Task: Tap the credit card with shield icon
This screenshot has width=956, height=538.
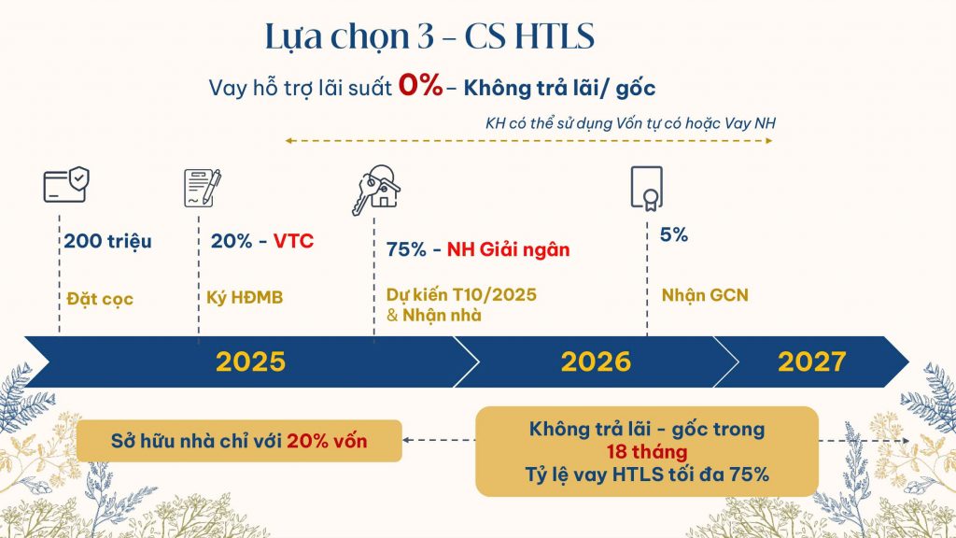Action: click(65, 184)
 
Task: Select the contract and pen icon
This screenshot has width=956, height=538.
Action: click(203, 187)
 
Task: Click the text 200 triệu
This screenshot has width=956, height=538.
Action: click(107, 242)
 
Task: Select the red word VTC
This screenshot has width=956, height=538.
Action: click(294, 242)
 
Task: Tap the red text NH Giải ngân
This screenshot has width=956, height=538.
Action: click(508, 250)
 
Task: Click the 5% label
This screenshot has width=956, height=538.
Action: click(674, 235)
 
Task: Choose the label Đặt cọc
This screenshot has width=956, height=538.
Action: click(100, 299)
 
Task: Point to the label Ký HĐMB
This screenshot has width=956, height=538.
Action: click(245, 299)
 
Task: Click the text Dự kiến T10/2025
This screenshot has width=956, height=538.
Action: click(461, 295)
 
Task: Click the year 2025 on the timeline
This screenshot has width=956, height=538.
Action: click(250, 362)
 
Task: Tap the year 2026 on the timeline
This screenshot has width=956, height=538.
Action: click(596, 362)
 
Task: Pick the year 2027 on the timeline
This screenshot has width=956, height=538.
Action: click(811, 362)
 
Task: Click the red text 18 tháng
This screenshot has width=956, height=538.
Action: click(646, 452)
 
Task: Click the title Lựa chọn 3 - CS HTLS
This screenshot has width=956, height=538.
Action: click(429, 38)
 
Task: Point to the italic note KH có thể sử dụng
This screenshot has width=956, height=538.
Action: click(630, 123)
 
